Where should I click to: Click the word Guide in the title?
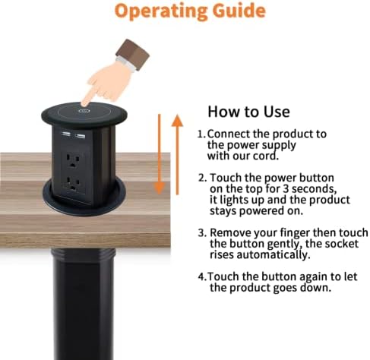[239, 10]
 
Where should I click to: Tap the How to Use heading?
[248, 112]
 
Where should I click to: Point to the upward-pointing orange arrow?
[177, 155]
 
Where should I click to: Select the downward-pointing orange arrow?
[160, 154]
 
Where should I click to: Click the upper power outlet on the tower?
[73, 160]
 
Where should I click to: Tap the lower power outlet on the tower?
[73, 184]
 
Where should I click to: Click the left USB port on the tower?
[65, 133]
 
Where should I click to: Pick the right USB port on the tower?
[80, 136]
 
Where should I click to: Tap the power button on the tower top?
[84, 111]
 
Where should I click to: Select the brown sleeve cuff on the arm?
[132, 54]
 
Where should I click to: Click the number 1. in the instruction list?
[202, 134]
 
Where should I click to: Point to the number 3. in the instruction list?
[203, 232]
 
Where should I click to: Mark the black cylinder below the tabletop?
[84, 304]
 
